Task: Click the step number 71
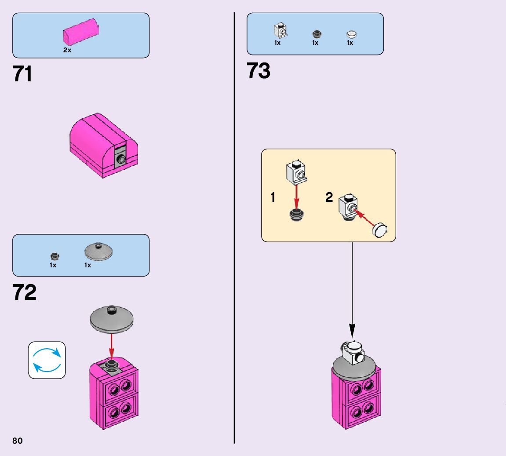[23, 74]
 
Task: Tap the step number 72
[25, 292]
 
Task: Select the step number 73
[258, 71]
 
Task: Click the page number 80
[17, 441]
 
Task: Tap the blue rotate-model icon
[47, 360]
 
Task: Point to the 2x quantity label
[67, 50]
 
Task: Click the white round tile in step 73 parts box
[351, 34]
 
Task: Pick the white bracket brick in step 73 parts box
[279, 30]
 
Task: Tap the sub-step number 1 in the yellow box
[273, 198]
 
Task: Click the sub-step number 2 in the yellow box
[329, 198]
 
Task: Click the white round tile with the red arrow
[381, 230]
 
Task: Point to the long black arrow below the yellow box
[352, 290]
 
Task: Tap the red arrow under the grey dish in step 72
[112, 345]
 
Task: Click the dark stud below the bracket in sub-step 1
[297, 215]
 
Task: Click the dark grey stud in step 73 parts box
[316, 34]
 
